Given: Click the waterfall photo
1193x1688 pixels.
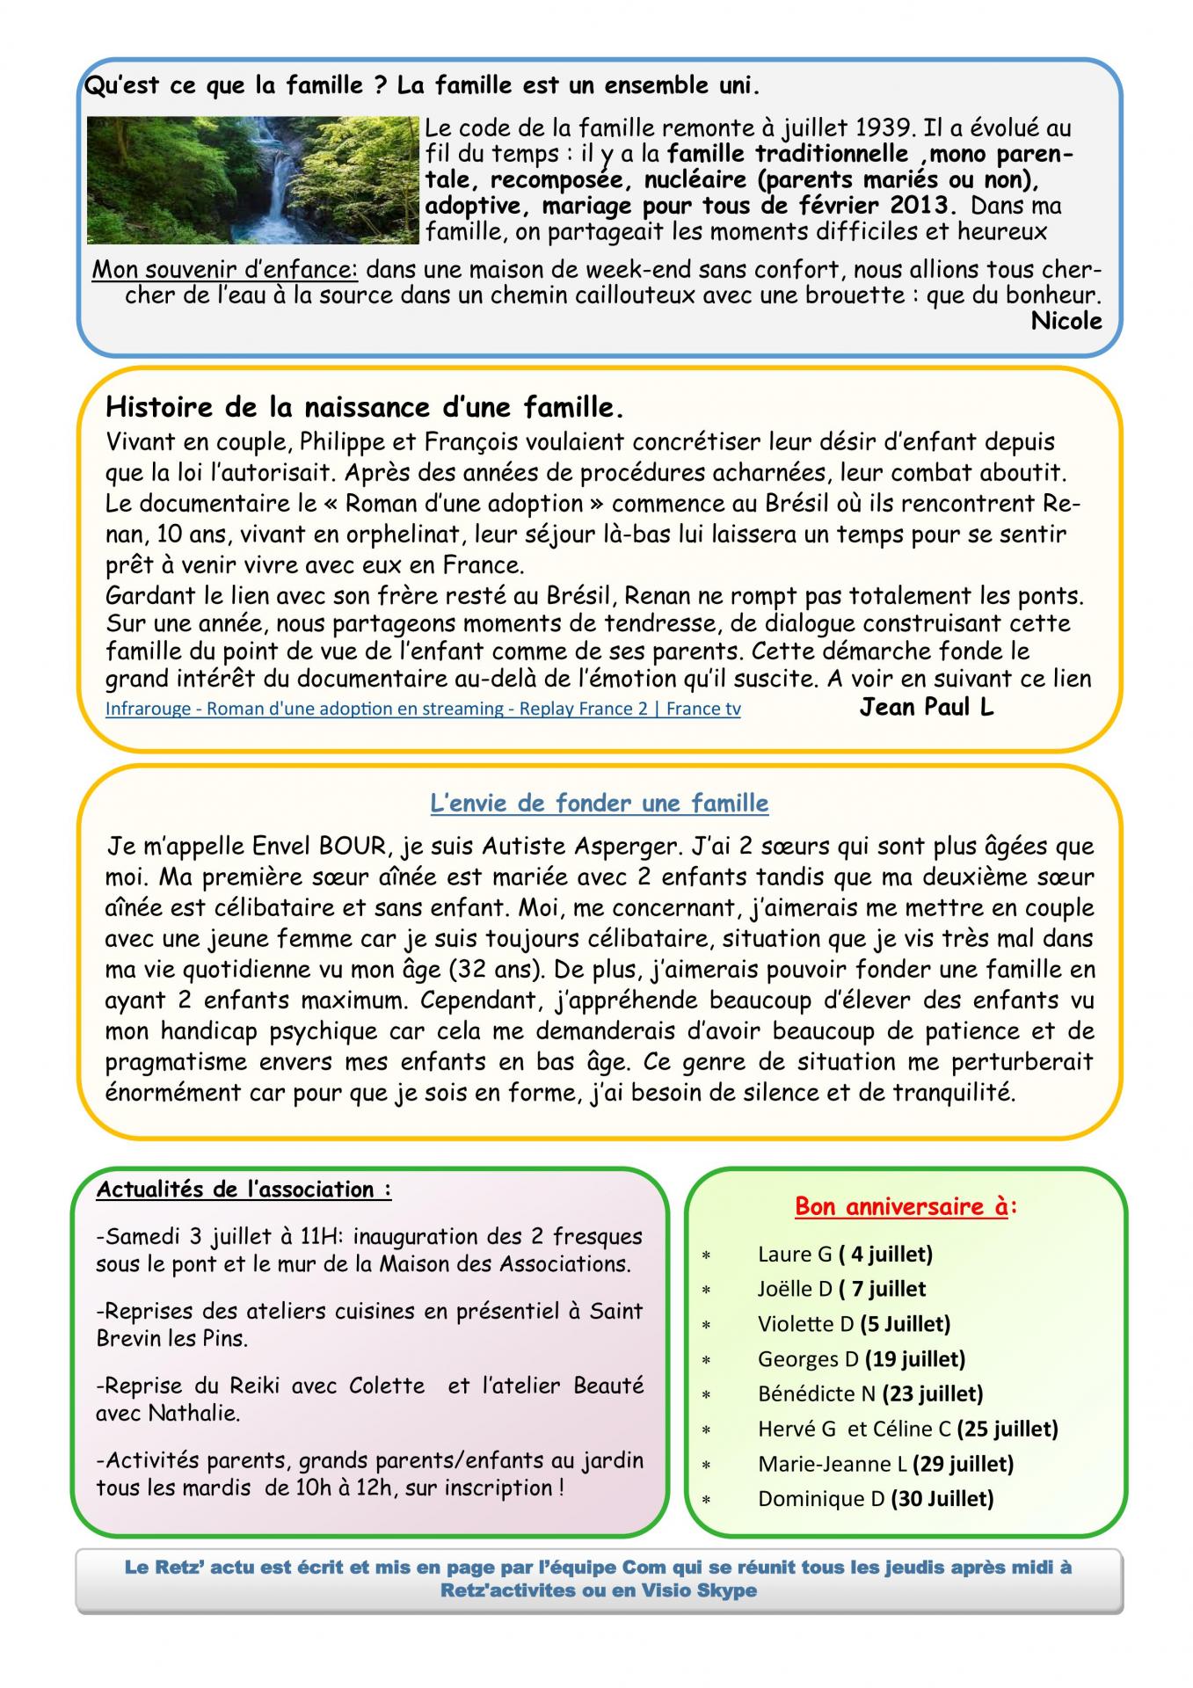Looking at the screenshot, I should (253, 179).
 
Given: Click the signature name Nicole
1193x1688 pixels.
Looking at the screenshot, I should (1066, 321).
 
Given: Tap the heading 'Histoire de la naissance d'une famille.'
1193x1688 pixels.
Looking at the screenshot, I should (365, 408).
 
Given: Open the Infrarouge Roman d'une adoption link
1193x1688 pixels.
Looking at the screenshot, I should (423, 709).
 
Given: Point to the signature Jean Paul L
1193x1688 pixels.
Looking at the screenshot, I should (926, 707).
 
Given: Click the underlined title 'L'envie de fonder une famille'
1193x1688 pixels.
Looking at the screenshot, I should (599, 803).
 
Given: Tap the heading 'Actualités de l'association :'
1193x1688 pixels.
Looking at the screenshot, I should (244, 1190).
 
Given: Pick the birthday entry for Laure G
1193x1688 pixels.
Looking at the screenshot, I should (844, 1254).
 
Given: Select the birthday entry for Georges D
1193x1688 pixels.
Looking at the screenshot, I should (861, 1358).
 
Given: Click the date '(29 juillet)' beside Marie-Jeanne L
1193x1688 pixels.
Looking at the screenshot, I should (963, 1464).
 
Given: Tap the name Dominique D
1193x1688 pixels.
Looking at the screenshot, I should (821, 1499).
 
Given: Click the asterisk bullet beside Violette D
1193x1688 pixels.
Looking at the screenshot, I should (706, 1325).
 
